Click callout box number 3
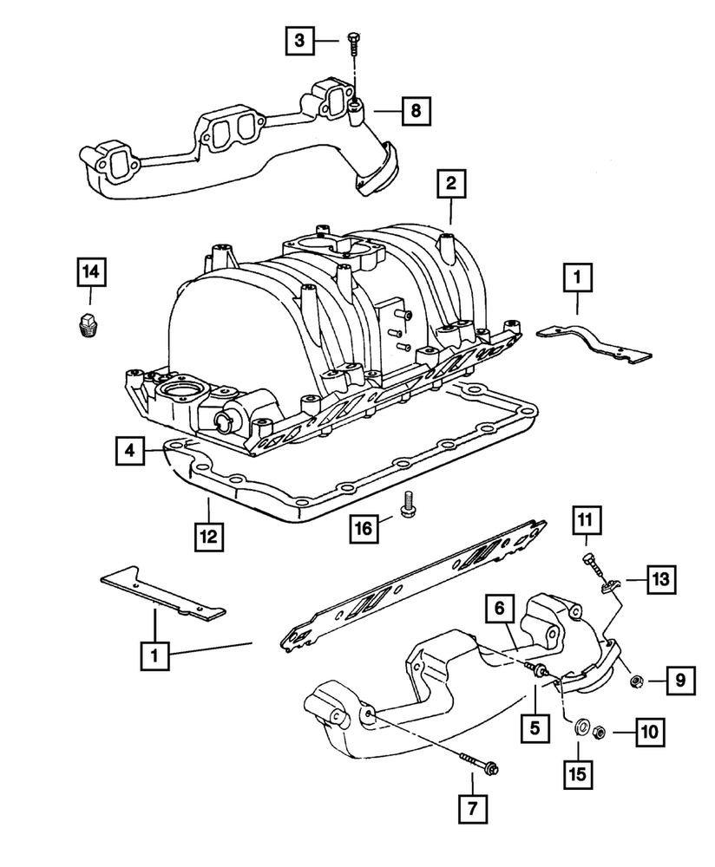click(299, 40)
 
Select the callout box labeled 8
click(416, 110)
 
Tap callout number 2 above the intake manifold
click(451, 184)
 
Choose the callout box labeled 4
click(128, 450)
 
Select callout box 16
click(365, 525)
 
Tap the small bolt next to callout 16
click(408, 503)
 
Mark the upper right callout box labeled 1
click(578, 277)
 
